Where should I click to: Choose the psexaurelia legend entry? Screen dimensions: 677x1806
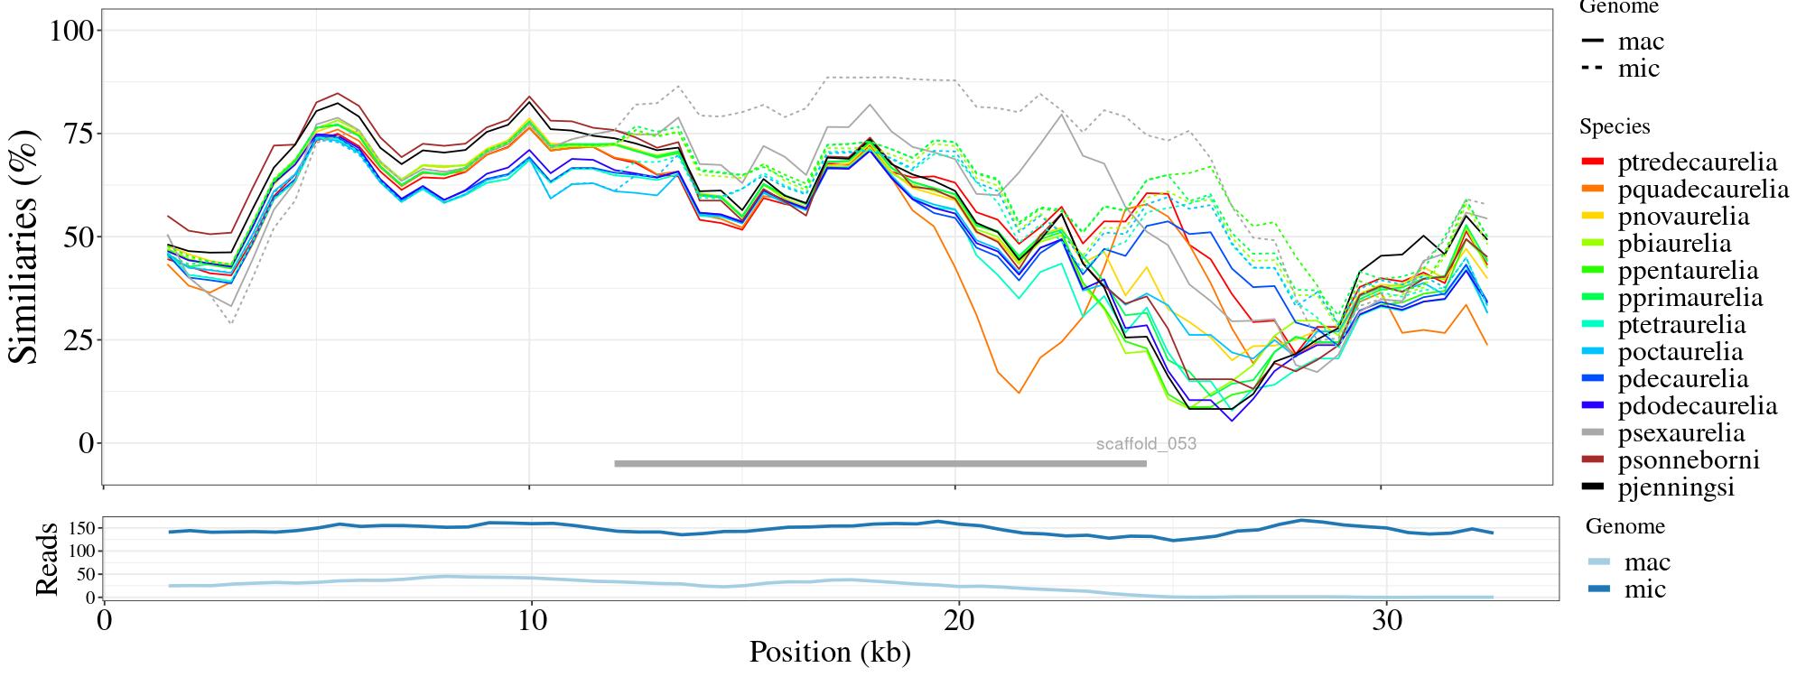click(x=1680, y=433)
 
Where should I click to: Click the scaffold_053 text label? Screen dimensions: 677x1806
click(x=1146, y=444)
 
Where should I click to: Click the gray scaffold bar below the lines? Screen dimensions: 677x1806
click(x=880, y=464)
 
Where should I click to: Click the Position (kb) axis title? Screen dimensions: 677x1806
click(x=829, y=652)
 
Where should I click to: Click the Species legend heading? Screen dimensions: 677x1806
click(x=1615, y=127)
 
